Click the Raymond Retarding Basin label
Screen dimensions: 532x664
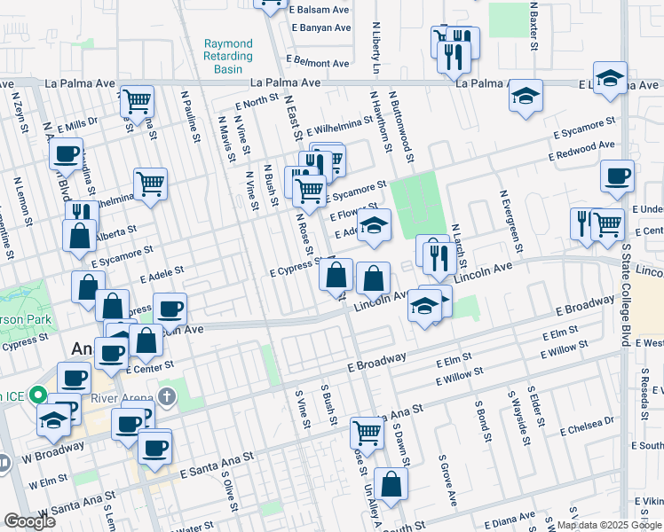(228, 56)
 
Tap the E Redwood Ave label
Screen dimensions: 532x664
(582, 150)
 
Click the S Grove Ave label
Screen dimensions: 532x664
(447, 481)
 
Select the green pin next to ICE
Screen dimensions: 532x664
(36, 395)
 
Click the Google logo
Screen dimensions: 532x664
(29, 521)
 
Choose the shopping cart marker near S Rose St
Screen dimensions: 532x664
(367, 433)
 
